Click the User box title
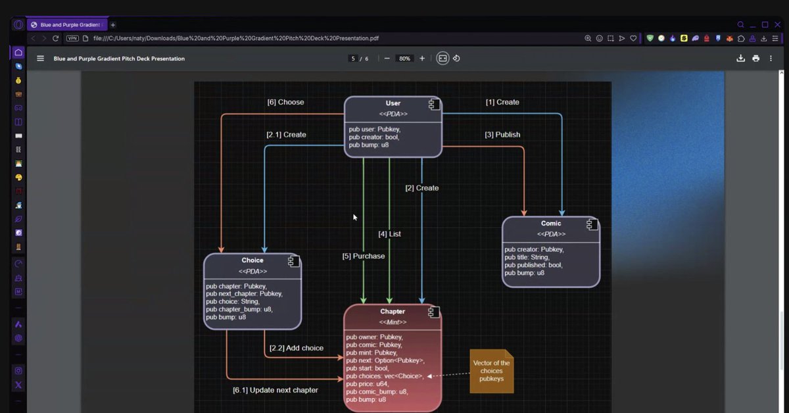tap(393, 103)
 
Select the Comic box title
tap(551, 224)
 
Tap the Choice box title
tap(252, 260)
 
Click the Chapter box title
tap(393, 312)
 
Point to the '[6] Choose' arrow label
tap(285, 103)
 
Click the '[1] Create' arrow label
tap(502, 103)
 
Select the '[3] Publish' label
tap(502, 135)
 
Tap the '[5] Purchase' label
tap(363, 256)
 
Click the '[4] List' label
tap(389, 234)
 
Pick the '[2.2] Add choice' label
tap(296, 348)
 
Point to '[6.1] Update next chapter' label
tap(275, 390)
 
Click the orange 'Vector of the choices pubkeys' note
tap(491, 371)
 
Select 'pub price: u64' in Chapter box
tap(368, 383)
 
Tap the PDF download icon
tap(740, 59)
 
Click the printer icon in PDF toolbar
tap(755, 59)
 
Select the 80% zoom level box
tap(404, 59)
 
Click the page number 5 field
tap(353, 59)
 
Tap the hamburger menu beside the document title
tap(41, 59)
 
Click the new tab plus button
tap(113, 25)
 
